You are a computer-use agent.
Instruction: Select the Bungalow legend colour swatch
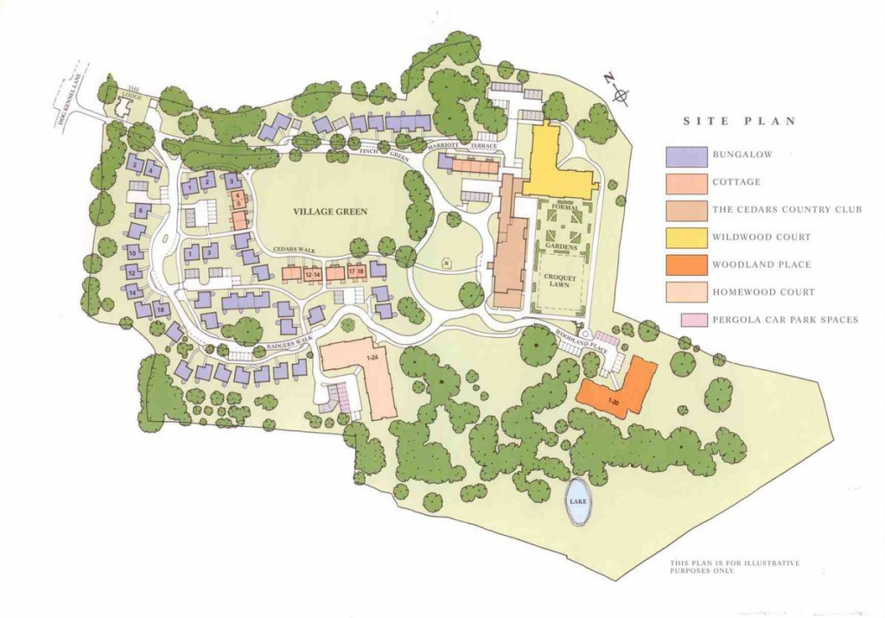(x=684, y=156)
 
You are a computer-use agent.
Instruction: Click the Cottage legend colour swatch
(x=684, y=182)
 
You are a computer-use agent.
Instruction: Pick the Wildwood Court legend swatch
(x=684, y=237)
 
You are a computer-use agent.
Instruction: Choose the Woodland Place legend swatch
(x=684, y=264)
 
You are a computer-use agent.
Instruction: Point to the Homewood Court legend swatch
(x=684, y=292)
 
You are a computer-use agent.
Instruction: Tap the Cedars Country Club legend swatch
(x=684, y=210)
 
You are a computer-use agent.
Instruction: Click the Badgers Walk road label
(x=290, y=343)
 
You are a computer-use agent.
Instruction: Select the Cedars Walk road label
(x=295, y=250)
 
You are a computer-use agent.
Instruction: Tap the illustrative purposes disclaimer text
(x=735, y=567)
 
